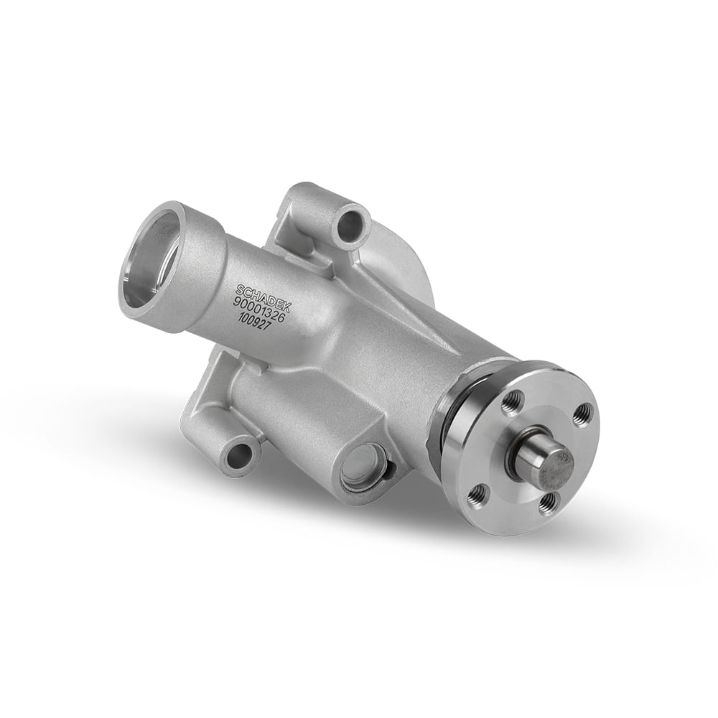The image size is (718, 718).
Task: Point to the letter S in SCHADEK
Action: (238, 288)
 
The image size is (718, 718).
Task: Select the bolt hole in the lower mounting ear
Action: (240, 457)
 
